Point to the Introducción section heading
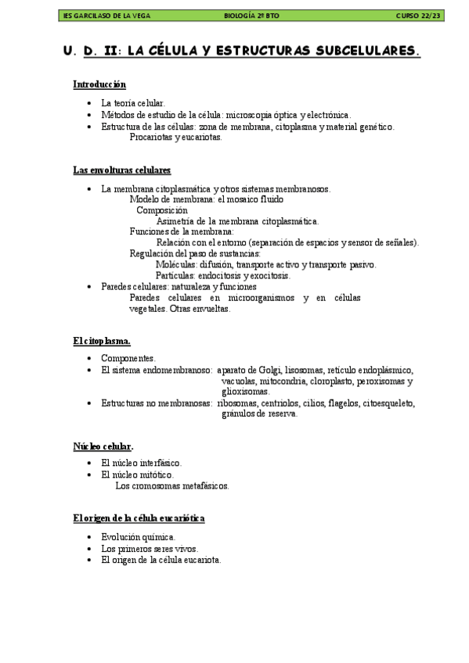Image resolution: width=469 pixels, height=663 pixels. point(99,84)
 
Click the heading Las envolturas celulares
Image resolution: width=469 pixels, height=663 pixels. point(121,170)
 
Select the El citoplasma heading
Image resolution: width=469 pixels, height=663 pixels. point(102,341)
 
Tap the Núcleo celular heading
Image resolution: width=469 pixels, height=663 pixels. point(103,446)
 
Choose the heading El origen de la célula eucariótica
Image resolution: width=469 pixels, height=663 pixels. point(139,518)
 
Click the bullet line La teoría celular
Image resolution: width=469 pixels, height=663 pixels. point(132,103)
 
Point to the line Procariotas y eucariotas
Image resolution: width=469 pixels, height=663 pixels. point(176,138)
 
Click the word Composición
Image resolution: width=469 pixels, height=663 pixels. point(162,210)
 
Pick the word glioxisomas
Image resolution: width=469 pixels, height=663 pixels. point(245,392)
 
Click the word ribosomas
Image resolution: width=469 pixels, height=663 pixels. point(240,403)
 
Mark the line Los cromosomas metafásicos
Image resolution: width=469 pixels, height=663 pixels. point(172,486)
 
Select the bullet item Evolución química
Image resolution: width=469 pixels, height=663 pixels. point(138,537)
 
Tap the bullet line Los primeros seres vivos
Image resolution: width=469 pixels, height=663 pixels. point(149,549)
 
